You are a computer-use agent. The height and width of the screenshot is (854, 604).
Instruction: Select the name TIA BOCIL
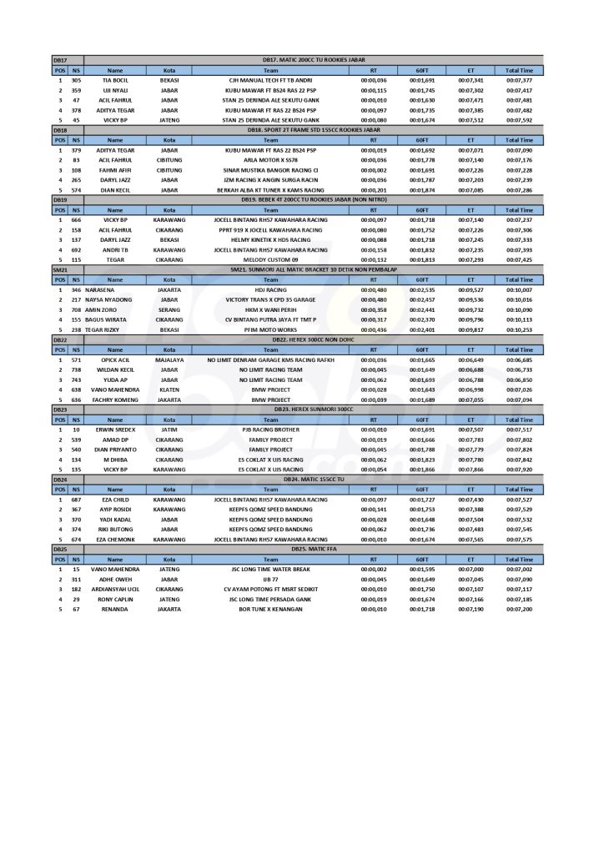(115, 81)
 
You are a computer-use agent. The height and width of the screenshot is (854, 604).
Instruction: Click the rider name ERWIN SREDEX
(115, 430)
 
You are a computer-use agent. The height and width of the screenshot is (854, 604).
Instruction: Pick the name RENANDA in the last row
(115, 609)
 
